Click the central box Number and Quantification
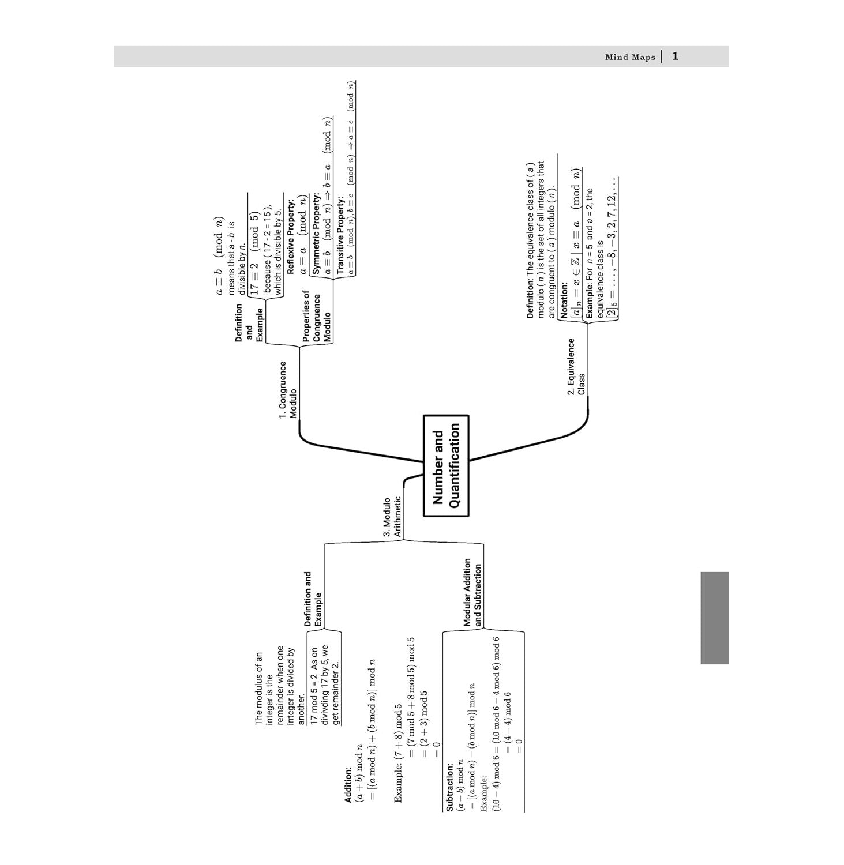[446, 465]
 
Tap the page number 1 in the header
[676, 57]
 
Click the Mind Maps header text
[630, 57]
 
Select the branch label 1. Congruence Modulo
[287, 390]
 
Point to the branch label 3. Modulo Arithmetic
[392, 517]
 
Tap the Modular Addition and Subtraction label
[472, 592]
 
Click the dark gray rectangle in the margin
[715, 618]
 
